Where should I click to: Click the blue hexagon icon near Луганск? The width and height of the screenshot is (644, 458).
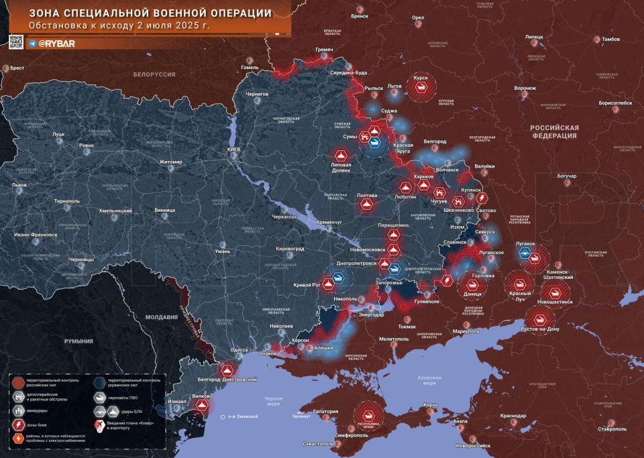point(525,254)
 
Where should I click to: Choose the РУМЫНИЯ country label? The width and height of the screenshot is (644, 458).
point(78,341)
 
